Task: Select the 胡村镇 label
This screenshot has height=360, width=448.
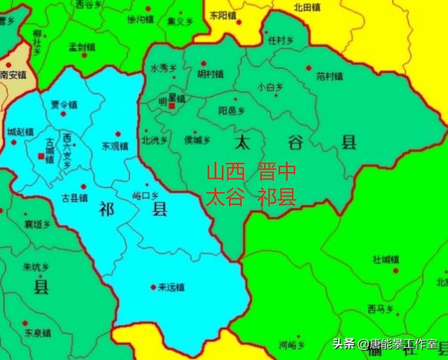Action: [210, 73]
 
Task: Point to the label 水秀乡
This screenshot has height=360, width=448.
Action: [164, 68]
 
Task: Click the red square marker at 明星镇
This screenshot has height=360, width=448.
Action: [171, 106]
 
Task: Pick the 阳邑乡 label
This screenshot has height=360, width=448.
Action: [232, 110]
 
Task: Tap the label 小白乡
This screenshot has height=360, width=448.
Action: [270, 87]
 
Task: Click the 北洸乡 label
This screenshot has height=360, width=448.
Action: [155, 139]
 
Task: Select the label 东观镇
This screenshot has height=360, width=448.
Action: [115, 146]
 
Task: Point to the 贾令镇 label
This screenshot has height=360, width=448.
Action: [64, 105]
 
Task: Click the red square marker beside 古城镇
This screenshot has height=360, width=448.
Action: [40, 155]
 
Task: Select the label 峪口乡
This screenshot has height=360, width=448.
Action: [146, 196]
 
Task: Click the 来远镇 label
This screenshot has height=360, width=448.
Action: [171, 286]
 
